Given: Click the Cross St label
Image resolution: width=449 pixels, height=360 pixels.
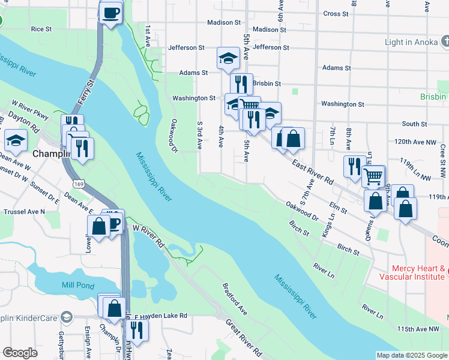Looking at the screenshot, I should [x=336, y=14].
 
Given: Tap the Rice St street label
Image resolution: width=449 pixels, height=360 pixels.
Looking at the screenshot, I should [x=41, y=29].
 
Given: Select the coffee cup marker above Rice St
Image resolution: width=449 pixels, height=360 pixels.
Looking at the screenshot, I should [x=110, y=13].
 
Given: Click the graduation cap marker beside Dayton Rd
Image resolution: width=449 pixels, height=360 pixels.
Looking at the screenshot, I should [x=16, y=142].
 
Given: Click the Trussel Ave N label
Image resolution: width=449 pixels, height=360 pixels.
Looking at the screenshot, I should [x=25, y=212].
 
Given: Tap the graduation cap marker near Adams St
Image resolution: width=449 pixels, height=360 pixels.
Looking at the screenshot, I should [x=228, y=58].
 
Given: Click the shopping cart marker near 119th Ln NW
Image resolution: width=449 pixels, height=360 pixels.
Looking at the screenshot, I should [x=373, y=176].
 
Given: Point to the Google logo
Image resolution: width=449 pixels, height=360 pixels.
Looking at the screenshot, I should [x=20, y=353].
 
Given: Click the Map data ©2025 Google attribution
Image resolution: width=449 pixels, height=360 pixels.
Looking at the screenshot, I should [x=412, y=355].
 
